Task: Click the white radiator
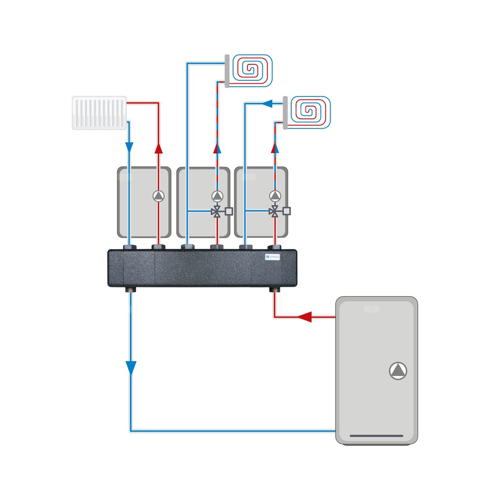click(99, 113)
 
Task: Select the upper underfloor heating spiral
click(252, 70)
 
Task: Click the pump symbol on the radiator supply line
click(158, 196)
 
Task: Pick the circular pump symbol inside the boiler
click(398, 371)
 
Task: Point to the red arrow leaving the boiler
click(304, 318)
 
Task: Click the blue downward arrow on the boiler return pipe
click(131, 368)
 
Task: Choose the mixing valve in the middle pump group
click(217, 211)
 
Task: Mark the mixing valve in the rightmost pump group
click(275, 211)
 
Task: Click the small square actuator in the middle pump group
click(229, 211)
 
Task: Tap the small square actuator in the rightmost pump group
click(287, 211)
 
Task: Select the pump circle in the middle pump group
click(217, 196)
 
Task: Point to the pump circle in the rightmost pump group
click(275, 196)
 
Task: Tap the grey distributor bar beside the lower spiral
click(284, 112)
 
